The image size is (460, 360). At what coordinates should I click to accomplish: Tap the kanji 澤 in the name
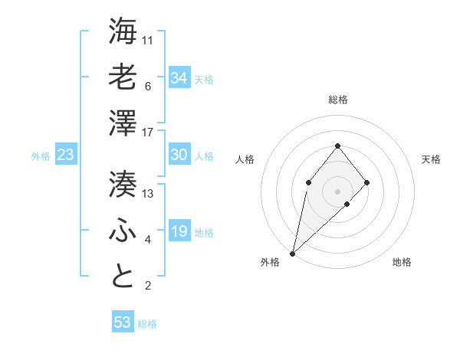(123, 123)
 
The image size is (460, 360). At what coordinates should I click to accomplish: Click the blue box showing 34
(179, 77)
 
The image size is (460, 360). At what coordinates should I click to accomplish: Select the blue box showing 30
(179, 155)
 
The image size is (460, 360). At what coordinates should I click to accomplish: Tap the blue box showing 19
(179, 231)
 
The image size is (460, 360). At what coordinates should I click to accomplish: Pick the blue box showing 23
(66, 155)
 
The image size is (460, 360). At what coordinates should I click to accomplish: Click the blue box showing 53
(123, 322)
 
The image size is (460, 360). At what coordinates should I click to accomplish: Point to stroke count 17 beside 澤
(149, 133)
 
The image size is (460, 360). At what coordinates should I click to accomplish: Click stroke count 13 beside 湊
(149, 194)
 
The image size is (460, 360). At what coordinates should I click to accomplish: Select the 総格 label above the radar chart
(338, 100)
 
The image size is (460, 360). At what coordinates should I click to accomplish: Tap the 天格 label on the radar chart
(432, 159)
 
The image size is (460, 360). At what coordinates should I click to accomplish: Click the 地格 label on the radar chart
(402, 263)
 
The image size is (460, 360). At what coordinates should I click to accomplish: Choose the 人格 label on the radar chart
(245, 159)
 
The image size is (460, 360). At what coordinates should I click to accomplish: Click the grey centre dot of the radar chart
(338, 191)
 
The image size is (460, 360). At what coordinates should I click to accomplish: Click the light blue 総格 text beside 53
(148, 324)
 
